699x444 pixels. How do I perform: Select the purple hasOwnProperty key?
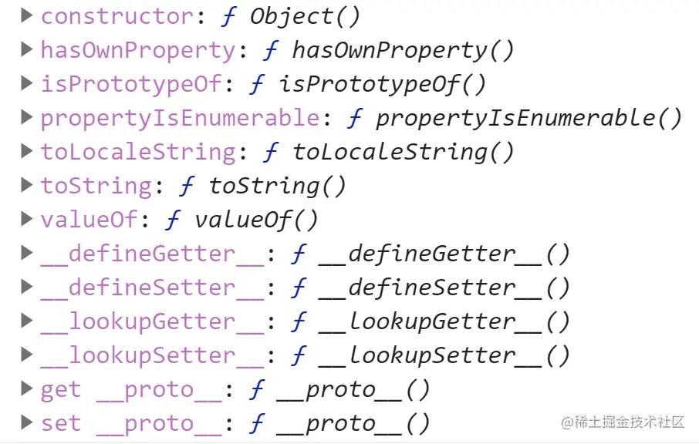coord(138,50)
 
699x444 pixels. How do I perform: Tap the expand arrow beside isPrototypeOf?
coord(28,83)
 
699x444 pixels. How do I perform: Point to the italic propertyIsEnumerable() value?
coord(528,118)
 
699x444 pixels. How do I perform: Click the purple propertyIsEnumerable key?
coord(180,118)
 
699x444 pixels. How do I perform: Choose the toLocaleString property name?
coord(138,152)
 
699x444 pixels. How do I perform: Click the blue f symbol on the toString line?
coord(187,186)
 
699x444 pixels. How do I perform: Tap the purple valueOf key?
coord(89,220)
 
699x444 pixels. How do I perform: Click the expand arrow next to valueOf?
coord(28,219)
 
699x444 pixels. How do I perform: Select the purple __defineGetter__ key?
coord(152,254)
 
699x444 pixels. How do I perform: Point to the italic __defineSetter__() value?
coord(444,288)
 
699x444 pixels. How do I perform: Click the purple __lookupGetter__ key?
coord(152,321)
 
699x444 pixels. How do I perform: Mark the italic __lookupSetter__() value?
coord(444,355)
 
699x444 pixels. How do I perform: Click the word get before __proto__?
coord(61,389)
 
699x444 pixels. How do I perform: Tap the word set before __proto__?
coord(61,423)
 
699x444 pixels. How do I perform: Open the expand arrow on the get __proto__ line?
coord(28,388)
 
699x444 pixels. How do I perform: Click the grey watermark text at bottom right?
coord(623,422)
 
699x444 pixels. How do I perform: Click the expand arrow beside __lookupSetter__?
coord(28,355)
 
